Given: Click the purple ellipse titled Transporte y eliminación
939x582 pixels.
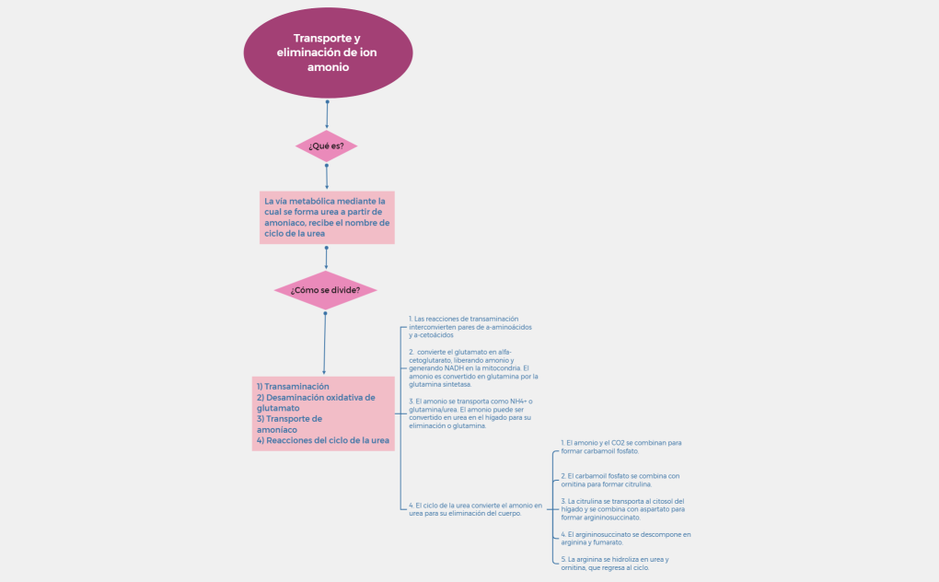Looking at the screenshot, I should pyautogui.click(x=327, y=52).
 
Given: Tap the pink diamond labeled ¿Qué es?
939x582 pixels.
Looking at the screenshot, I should pyautogui.click(x=326, y=145).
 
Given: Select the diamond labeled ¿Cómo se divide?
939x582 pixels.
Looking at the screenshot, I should pyautogui.click(x=325, y=290).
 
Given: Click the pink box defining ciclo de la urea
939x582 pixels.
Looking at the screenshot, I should pyautogui.click(x=327, y=217).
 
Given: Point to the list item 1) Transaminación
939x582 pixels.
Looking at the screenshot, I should pyautogui.click(x=293, y=387).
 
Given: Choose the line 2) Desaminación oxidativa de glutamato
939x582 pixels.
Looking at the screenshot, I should pyautogui.click(x=316, y=402).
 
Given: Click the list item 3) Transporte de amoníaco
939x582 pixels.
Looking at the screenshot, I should pyautogui.click(x=289, y=424).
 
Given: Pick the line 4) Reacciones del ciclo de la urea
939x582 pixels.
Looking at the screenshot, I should pyautogui.click(x=322, y=440).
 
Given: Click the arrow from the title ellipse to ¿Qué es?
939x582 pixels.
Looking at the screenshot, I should pyautogui.click(x=327, y=114).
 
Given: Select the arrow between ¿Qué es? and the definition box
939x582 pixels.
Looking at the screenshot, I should pyautogui.click(x=327, y=177).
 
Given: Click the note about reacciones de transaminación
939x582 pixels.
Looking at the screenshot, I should pyautogui.click(x=470, y=327).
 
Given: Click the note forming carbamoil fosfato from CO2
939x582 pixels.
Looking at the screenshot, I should pyautogui.click(x=620, y=447).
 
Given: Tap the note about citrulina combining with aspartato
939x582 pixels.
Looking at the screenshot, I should pyautogui.click(x=622, y=508).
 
